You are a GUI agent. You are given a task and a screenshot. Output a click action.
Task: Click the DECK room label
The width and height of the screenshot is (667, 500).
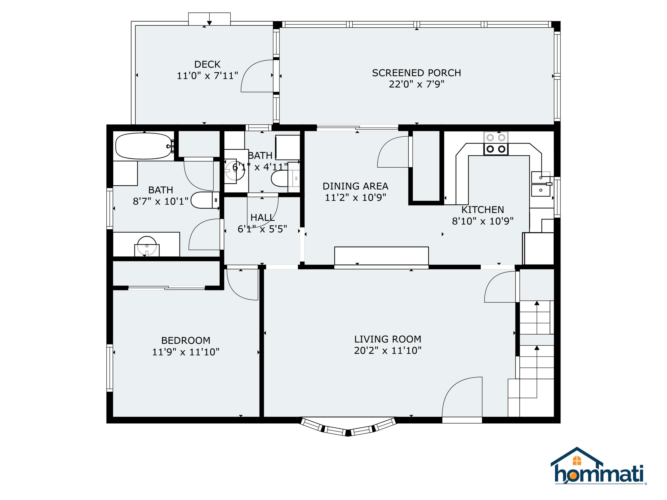[207, 64]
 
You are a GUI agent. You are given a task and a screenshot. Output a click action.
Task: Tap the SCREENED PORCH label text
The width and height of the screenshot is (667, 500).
[416, 73]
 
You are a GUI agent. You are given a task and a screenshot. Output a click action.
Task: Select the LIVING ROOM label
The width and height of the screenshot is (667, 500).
[388, 339]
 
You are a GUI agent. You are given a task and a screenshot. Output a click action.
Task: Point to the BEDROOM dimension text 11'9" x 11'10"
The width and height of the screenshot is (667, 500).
[186, 352]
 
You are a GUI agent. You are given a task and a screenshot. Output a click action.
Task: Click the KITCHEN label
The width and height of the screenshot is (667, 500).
[483, 210]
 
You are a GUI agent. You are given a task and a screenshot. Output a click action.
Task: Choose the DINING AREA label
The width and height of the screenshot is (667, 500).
[356, 186]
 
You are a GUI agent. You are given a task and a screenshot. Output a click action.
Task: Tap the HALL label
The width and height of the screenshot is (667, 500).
[263, 218]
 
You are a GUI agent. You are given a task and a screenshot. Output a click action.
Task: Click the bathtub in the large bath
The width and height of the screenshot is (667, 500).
[144, 146]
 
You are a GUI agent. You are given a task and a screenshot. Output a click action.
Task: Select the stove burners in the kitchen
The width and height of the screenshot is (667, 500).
[496, 144]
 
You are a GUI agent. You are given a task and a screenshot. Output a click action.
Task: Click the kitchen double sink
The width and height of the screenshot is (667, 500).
[541, 184]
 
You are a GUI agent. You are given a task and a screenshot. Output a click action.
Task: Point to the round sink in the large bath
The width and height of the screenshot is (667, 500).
[147, 246]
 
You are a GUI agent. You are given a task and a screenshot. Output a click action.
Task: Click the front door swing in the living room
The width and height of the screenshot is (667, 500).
[462, 397]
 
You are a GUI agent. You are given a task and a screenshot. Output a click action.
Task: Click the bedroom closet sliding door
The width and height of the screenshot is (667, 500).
[167, 288]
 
